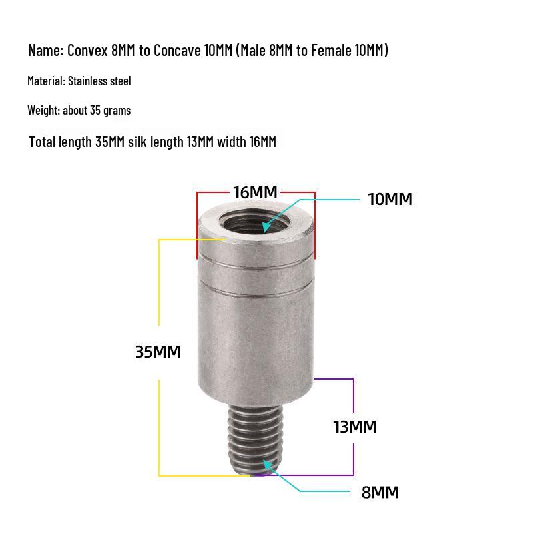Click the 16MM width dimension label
(x=255, y=192)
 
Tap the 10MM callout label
(x=390, y=199)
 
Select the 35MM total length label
(x=158, y=352)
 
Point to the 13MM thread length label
(x=354, y=427)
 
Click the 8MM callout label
(x=380, y=493)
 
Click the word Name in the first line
(x=45, y=50)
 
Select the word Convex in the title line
(x=89, y=50)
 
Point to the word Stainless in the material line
(x=89, y=81)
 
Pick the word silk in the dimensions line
(x=138, y=142)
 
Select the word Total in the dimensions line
(x=43, y=142)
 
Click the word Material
(x=46, y=81)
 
